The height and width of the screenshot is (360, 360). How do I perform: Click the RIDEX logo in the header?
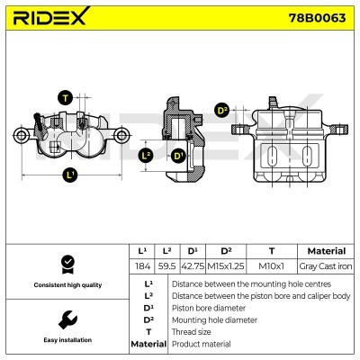click(50, 16)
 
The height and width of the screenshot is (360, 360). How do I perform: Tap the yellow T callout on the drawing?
click(65, 97)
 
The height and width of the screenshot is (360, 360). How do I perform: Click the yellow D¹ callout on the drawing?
click(178, 156)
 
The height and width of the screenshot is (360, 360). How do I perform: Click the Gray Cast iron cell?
click(326, 267)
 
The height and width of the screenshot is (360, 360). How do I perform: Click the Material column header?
click(326, 250)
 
